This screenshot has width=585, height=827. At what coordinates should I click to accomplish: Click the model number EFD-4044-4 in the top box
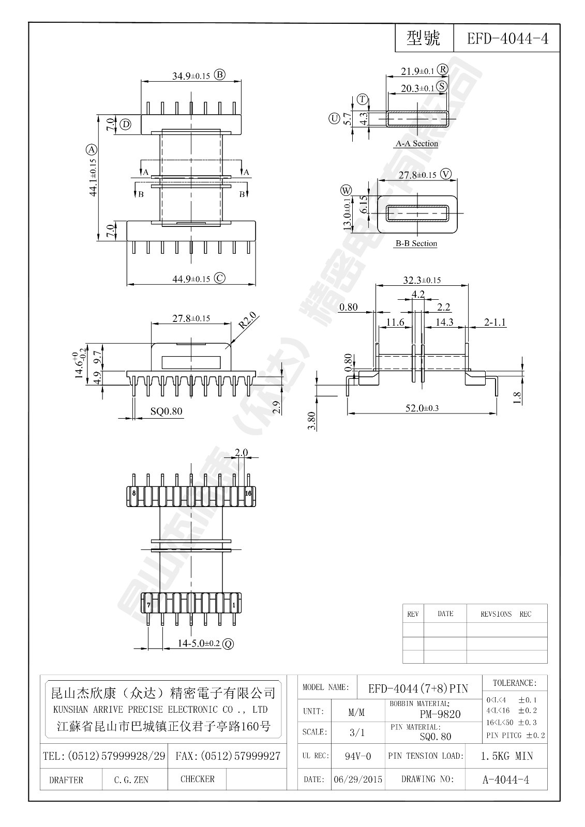[x=507, y=39]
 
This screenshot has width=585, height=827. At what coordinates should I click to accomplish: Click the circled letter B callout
[x=220, y=75]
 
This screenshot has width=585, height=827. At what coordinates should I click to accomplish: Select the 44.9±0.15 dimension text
[x=191, y=279]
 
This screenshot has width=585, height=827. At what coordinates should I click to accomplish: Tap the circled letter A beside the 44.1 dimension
[x=92, y=150]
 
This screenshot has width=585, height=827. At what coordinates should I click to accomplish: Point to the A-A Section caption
[x=417, y=144]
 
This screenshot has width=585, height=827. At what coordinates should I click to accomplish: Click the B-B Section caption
[x=416, y=243]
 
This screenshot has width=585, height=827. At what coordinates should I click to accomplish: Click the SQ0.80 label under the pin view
[x=166, y=412]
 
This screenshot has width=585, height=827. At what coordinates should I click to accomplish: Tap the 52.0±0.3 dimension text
[x=422, y=408]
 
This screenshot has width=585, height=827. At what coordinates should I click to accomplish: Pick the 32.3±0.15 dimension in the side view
[x=422, y=280]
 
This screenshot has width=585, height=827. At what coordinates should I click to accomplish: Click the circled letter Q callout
[x=228, y=644]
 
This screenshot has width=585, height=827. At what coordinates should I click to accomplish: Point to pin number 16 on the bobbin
[x=248, y=493]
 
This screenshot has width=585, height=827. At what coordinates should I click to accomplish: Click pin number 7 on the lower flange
[x=148, y=604]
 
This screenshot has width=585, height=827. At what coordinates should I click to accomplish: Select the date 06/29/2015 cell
[x=358, y=779]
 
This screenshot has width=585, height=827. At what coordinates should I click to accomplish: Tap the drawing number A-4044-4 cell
[x=506, y=779]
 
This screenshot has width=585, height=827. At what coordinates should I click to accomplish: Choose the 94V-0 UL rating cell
[x=358, y=756]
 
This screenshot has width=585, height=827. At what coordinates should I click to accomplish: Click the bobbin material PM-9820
[x=440, y=714]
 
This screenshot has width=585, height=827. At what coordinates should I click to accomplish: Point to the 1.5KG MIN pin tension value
[x=506, y=756]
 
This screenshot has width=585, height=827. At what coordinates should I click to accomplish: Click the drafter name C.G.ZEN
[x=131, y=780]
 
